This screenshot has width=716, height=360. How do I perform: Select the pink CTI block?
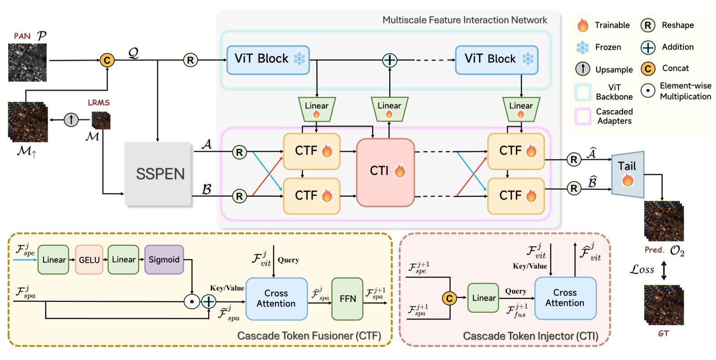pos(385,172)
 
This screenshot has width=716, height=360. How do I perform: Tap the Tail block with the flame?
pos(628,174)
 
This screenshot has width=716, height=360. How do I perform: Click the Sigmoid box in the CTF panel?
pos(164,260)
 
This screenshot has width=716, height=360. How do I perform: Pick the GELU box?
pos(89,260)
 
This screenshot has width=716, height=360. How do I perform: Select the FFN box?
pos(348,299)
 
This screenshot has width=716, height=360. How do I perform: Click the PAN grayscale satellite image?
pos(27,62)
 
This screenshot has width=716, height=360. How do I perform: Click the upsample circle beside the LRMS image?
pos(71,120)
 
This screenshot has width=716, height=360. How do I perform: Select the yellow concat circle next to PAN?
pos(107,60)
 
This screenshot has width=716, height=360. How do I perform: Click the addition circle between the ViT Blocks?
pos(389,60)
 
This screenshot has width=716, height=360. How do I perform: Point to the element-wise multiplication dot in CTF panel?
pos(192,301)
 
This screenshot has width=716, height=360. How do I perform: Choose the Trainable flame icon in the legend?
pos(583,25)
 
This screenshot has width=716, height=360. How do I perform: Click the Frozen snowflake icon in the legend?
pos(583,47)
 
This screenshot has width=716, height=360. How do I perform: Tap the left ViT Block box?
pos(268,60)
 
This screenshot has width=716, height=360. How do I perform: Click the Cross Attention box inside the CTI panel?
pos(565,298)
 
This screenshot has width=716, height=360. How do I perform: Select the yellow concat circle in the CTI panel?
pos(449,298)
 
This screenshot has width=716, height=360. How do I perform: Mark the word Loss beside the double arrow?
pos(642,270)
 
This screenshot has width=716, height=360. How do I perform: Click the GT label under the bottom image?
pos(663,333)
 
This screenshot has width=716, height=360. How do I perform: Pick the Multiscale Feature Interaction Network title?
pos(464,20)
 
